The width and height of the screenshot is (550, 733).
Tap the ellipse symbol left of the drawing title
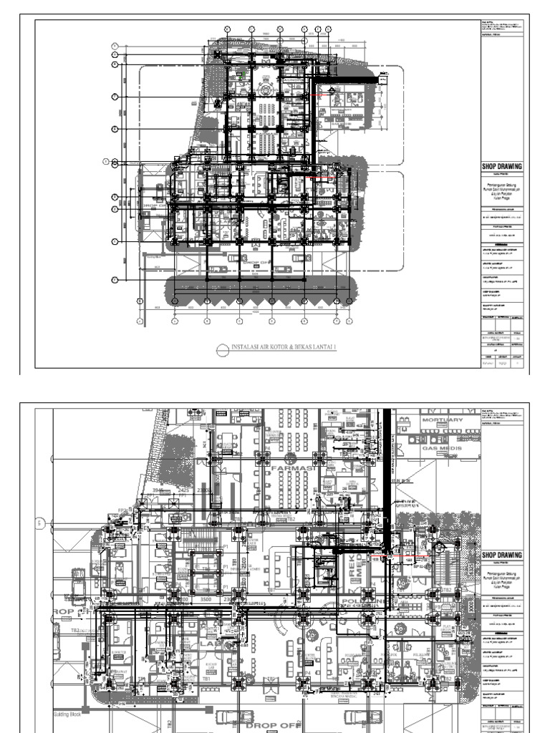[x=222, y=349]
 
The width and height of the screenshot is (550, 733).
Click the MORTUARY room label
[x=442, y=419]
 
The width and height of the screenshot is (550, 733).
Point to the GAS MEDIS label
[x=443, y=449]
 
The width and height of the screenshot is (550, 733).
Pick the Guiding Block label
[x=69, y=714]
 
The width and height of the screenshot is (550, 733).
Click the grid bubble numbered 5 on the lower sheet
[x=41, y=523]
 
